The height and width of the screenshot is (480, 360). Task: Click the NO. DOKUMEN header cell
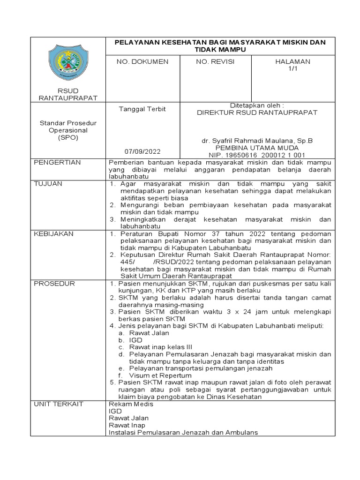click(142, 61)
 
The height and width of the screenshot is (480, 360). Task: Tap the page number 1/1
click(292, 68)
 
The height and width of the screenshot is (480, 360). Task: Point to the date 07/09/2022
click(142, 151)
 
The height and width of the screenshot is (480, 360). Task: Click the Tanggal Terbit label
click(142, 109)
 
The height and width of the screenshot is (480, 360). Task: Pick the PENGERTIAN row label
click(58, 162)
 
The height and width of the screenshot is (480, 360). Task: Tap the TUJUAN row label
click(48, 184)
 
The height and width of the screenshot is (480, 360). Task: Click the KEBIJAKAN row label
click(53, 233)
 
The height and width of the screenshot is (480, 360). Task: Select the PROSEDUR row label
click(54, 284)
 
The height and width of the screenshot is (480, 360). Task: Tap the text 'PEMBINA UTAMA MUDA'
click(256, 147)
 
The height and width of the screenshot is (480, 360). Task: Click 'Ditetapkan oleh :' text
click(256, 105)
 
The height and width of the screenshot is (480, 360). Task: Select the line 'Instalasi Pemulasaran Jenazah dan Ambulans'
click(183, 432)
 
